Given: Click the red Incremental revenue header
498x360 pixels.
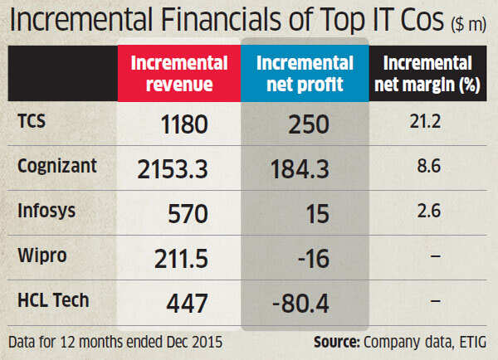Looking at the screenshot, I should click(179, 74).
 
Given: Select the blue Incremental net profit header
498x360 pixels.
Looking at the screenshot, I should click(305, 74).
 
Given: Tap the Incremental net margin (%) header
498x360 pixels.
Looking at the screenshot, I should click(428, 74).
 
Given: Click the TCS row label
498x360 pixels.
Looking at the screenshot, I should click(32, 121).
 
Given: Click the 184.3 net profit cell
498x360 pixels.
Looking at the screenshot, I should click(300, 170).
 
